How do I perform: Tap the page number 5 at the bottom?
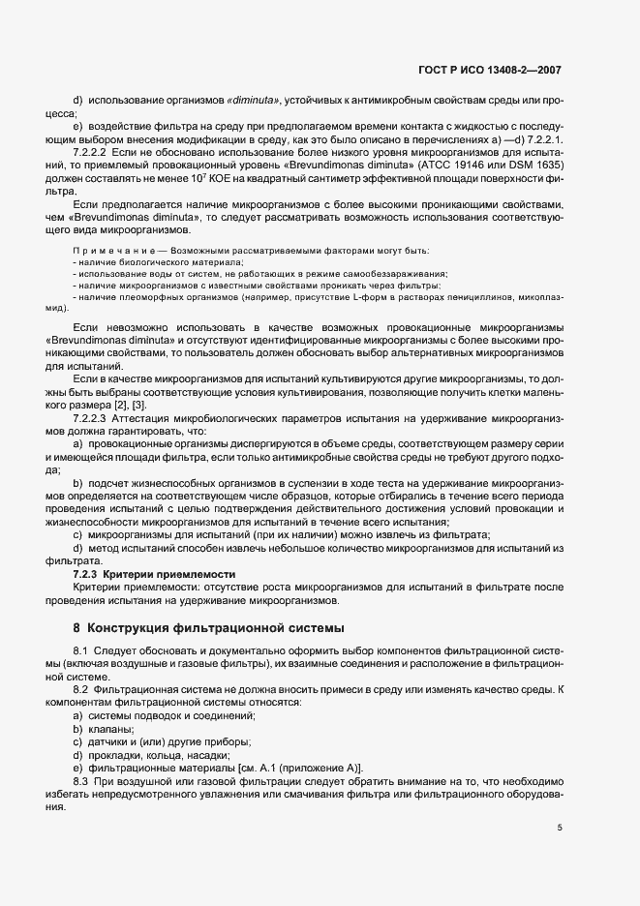click(x=560, y=829)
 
